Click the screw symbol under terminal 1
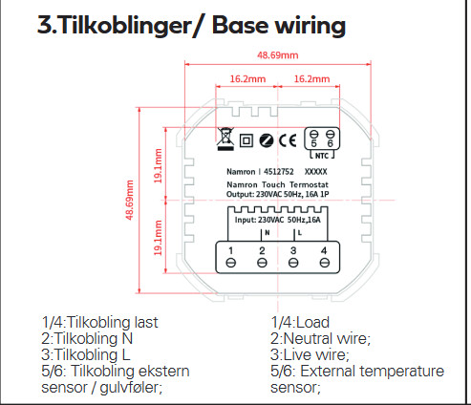[230, 263]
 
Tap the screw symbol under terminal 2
[262, 263]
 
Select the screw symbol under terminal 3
[293, 263]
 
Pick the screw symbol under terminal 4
[324, 263]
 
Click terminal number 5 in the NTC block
[314, 144]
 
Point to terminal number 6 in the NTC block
[331, 144]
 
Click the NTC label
[322, 156]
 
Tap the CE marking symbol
[288, 140]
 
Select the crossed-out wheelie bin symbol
[225, 139]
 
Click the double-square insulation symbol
[246, 140]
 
